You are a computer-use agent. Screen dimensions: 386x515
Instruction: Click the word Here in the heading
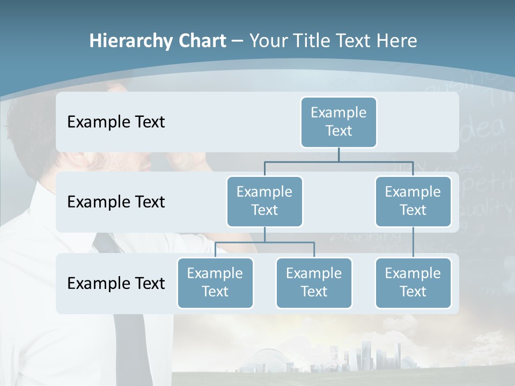396,41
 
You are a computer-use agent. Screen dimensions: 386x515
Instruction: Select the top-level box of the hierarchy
339,122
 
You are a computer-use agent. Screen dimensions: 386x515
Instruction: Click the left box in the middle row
264,201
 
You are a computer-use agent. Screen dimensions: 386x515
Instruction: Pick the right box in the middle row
413,201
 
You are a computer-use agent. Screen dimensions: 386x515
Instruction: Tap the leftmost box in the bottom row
215,283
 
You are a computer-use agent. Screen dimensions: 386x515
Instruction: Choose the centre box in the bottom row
314,283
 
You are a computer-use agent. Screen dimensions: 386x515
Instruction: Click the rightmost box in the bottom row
413,283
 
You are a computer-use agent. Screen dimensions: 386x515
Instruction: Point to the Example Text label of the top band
116,122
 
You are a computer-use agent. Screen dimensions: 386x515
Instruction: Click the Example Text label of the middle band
116,202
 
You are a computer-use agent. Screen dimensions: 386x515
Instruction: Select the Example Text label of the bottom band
116,283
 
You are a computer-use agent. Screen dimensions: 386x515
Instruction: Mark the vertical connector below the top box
339,154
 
